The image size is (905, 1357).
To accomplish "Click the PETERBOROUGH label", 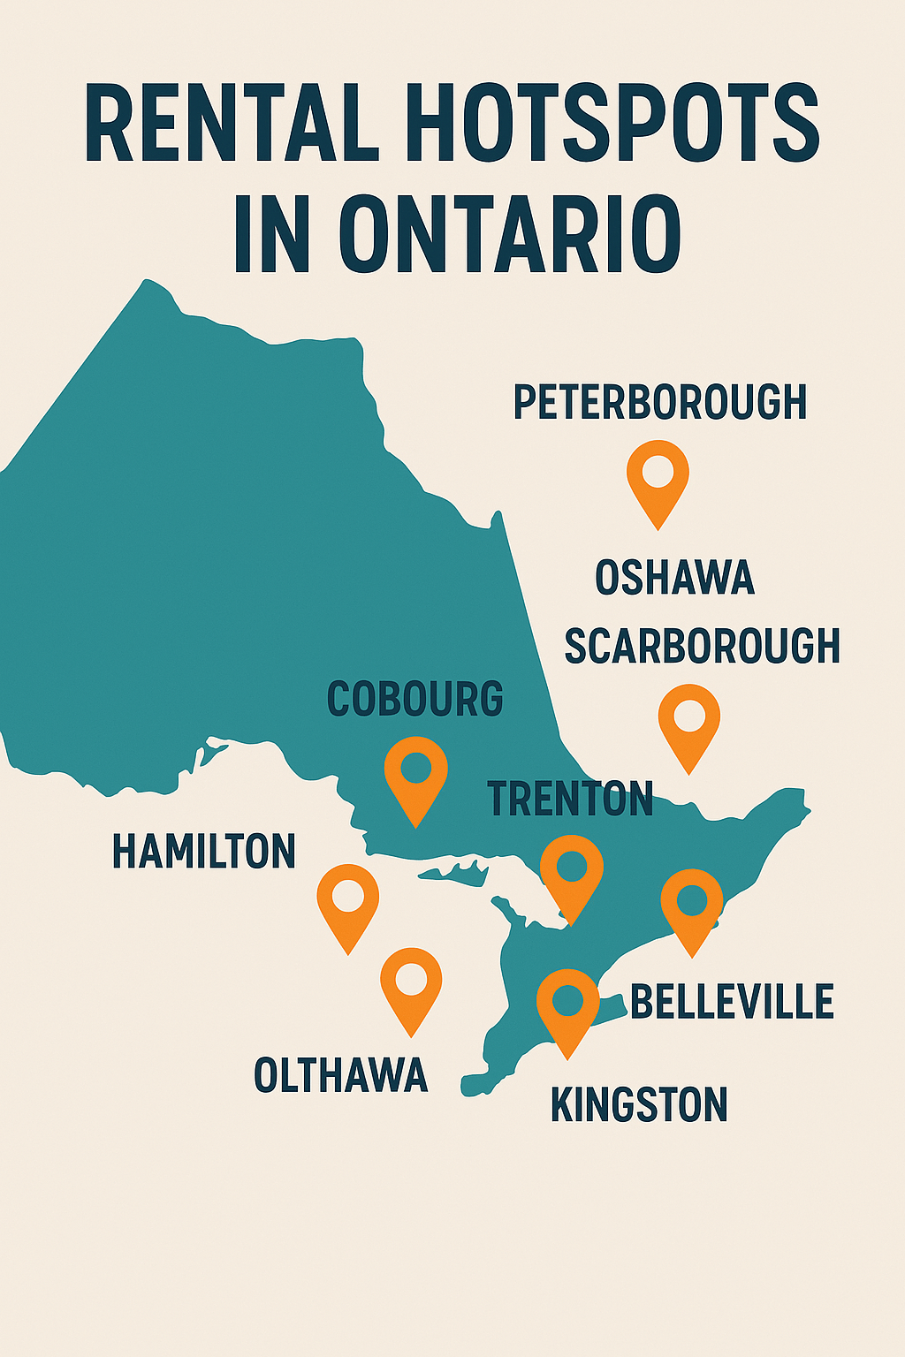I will pyautogui.click(x=660, y=402).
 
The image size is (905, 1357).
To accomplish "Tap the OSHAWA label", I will pyautogui.click(x=674, y=578).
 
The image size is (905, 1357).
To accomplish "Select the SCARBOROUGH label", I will pyautogui.click(x=702, y=646).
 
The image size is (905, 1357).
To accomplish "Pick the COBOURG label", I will pyautogui.click(x=415, y=699).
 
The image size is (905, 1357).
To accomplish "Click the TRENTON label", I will pyautogui.click(x=571, y=799).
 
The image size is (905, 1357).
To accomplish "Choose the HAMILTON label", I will pyautogui.click(x=204, y=852).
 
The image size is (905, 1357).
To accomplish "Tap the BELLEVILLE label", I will pyautogui.click(x=732, y=1002).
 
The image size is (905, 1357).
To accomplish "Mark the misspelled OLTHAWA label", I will pyautogui.click(x=340, y=1075).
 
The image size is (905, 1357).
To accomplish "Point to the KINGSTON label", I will pyautogui.click(x=639, y=1105).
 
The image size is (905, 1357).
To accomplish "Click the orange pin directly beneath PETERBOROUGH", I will pyautogui.click(x=658, y=478).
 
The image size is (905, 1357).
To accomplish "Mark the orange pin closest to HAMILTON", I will pyautogui.click(x=348, y=902).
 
